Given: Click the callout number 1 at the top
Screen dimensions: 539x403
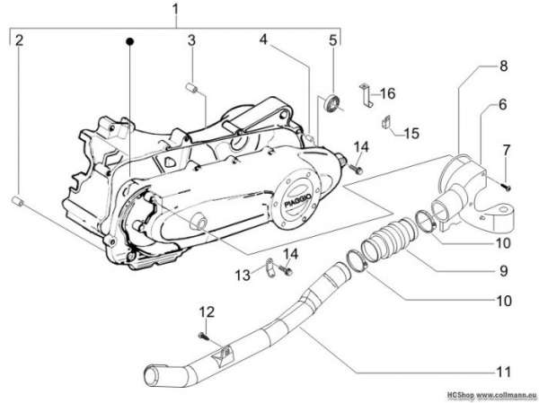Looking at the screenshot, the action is coord(175,9).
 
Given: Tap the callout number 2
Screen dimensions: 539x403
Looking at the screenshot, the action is coord(19,40).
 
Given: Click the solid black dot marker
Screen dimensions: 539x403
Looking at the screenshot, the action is coord(130,41).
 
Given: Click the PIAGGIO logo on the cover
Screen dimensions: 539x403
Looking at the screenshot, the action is coord(297,200).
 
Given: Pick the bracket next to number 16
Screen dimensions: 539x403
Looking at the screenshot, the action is coord(367,94).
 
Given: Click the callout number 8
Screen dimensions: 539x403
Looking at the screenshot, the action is coord(503,66).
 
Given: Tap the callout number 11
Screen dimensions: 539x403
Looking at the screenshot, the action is coord(503,372).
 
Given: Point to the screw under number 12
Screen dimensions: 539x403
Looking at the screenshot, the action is coord(204,336).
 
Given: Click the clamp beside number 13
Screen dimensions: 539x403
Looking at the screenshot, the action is coord(270,267).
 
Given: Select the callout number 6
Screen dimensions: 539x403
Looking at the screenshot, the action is coord(502,104).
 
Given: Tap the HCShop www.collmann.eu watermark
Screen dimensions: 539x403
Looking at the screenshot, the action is coord(492,395).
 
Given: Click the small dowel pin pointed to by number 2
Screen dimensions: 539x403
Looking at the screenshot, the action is coord(18,201).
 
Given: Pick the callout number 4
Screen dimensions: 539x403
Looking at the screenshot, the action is coord(263,39).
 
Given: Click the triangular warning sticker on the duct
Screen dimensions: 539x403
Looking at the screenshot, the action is coord(221,354).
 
